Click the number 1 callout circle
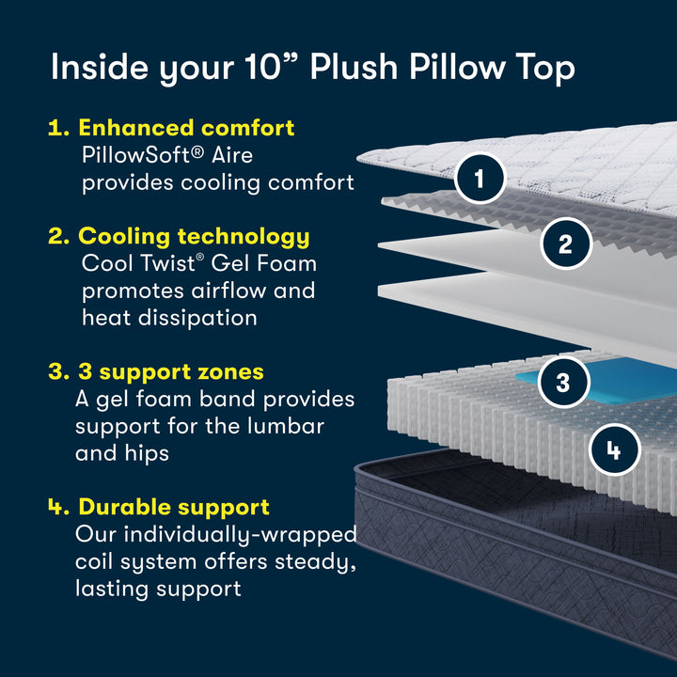[480, 178]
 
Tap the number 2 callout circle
[565, 244]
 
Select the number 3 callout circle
[562, 383]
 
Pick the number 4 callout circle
[613, 450]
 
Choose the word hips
[149, 453]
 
